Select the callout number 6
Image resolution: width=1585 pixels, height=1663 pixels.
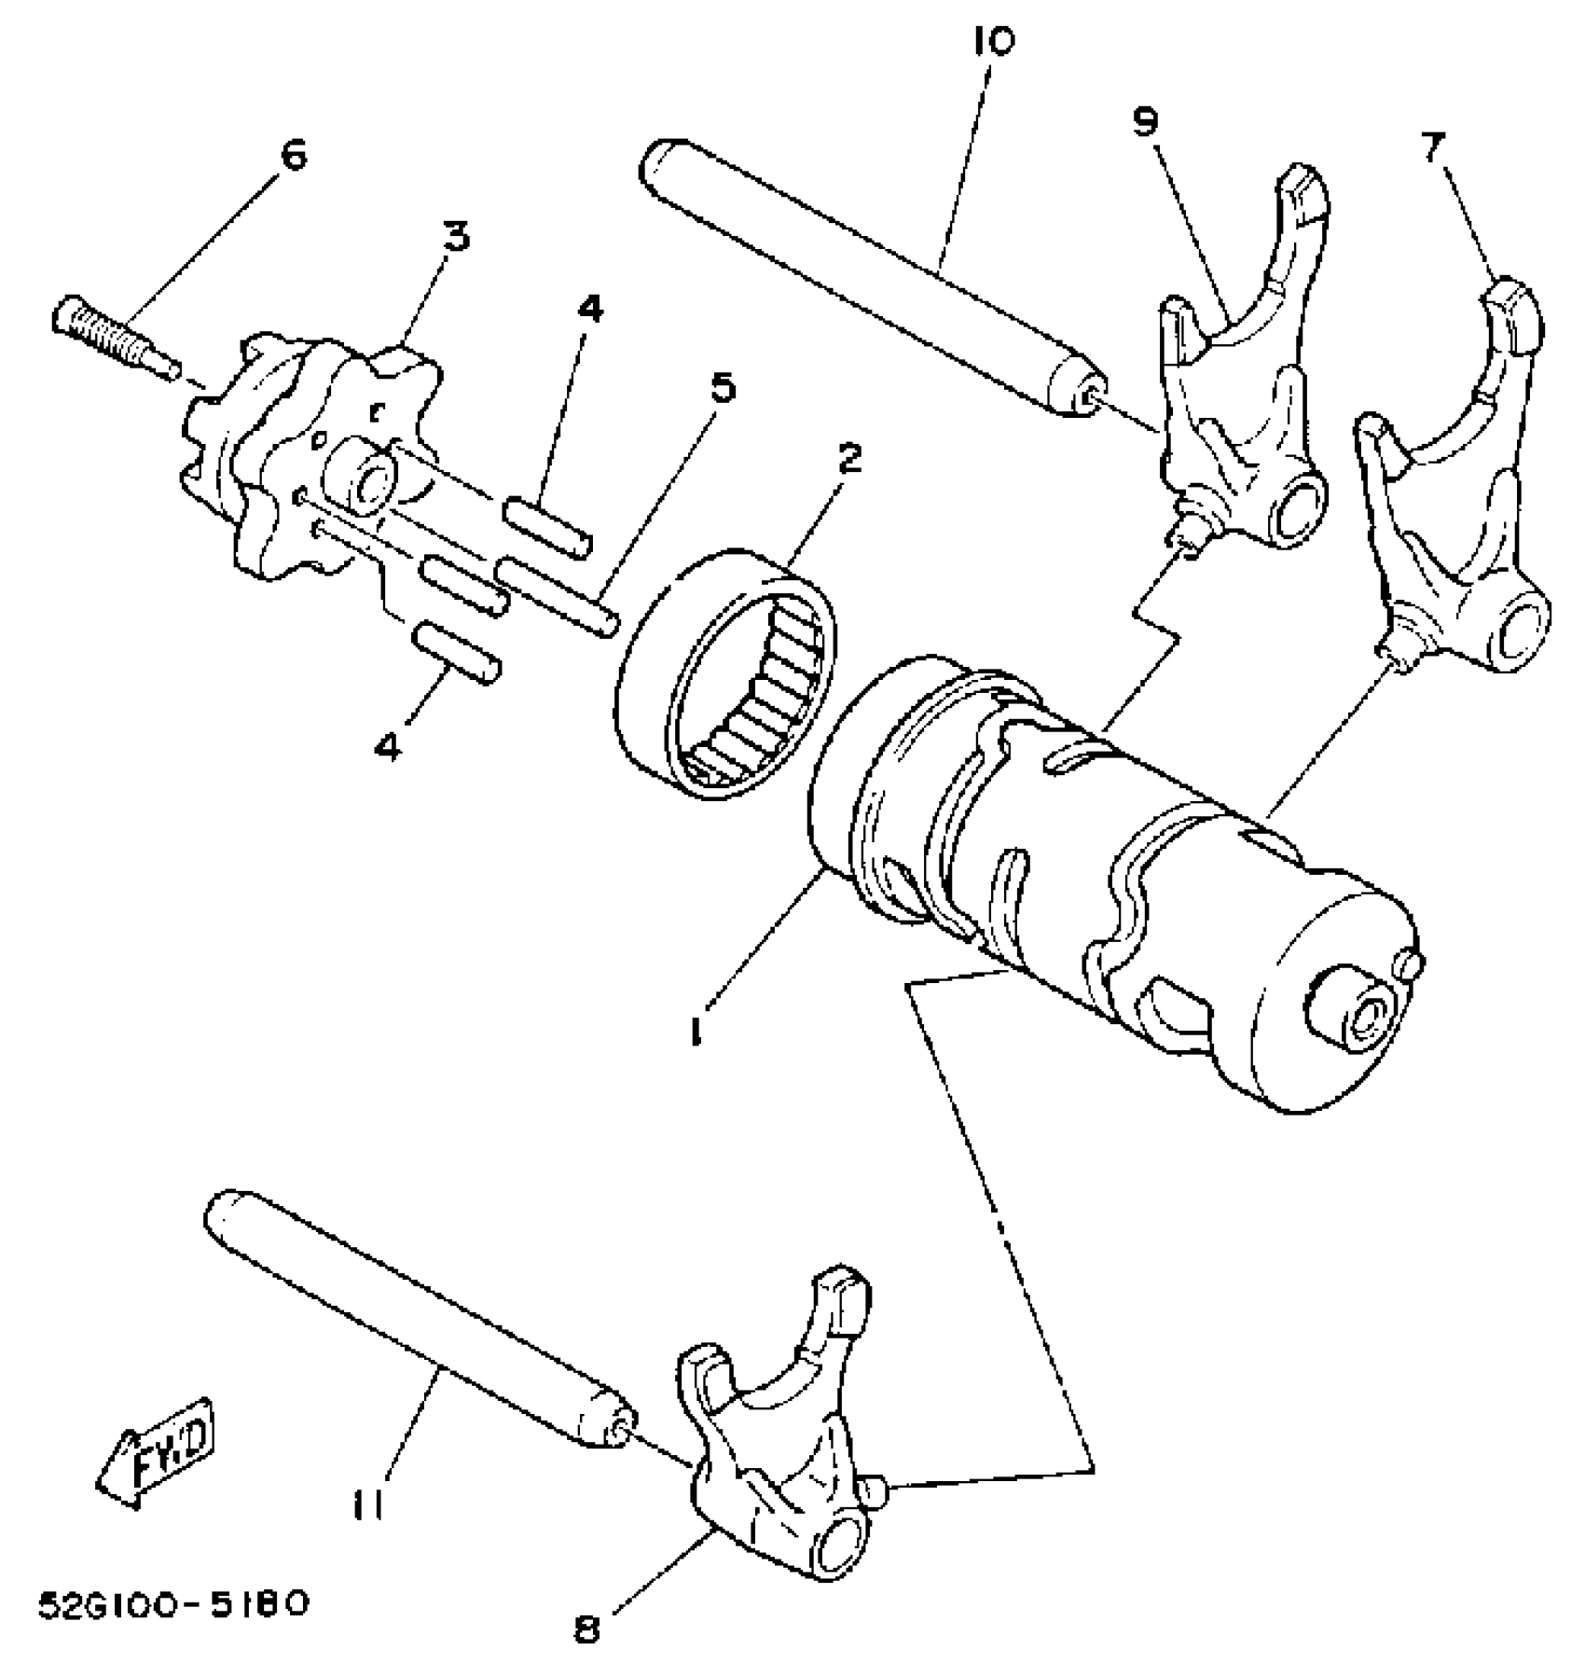293,156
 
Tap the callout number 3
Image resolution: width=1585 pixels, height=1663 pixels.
455,237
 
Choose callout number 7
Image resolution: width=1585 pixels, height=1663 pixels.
1433,147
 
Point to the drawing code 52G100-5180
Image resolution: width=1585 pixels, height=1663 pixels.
172,1606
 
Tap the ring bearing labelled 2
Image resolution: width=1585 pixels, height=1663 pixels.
727,672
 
